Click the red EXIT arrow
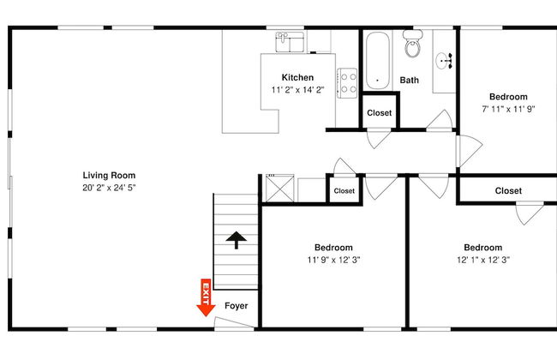[206, 297]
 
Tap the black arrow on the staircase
[237, 240]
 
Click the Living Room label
[109, 175]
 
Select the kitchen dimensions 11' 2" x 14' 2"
[297, 90]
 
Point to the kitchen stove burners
[347, 83]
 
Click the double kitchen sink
[290, 42]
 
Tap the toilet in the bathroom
[412, 44]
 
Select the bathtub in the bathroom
[377, 61]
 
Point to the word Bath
[410, 80]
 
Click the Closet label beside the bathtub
[380, 113]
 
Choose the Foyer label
[237, 306]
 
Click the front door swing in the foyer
[234, 322]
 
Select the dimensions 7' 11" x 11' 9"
[508, 109]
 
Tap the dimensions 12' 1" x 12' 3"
[483, 260]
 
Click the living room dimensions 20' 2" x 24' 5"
[109, 188]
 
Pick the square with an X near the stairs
[280, 189]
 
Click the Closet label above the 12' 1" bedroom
[508, 191]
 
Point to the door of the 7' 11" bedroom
[470, 151]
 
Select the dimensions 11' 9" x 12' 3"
[333, 260]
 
